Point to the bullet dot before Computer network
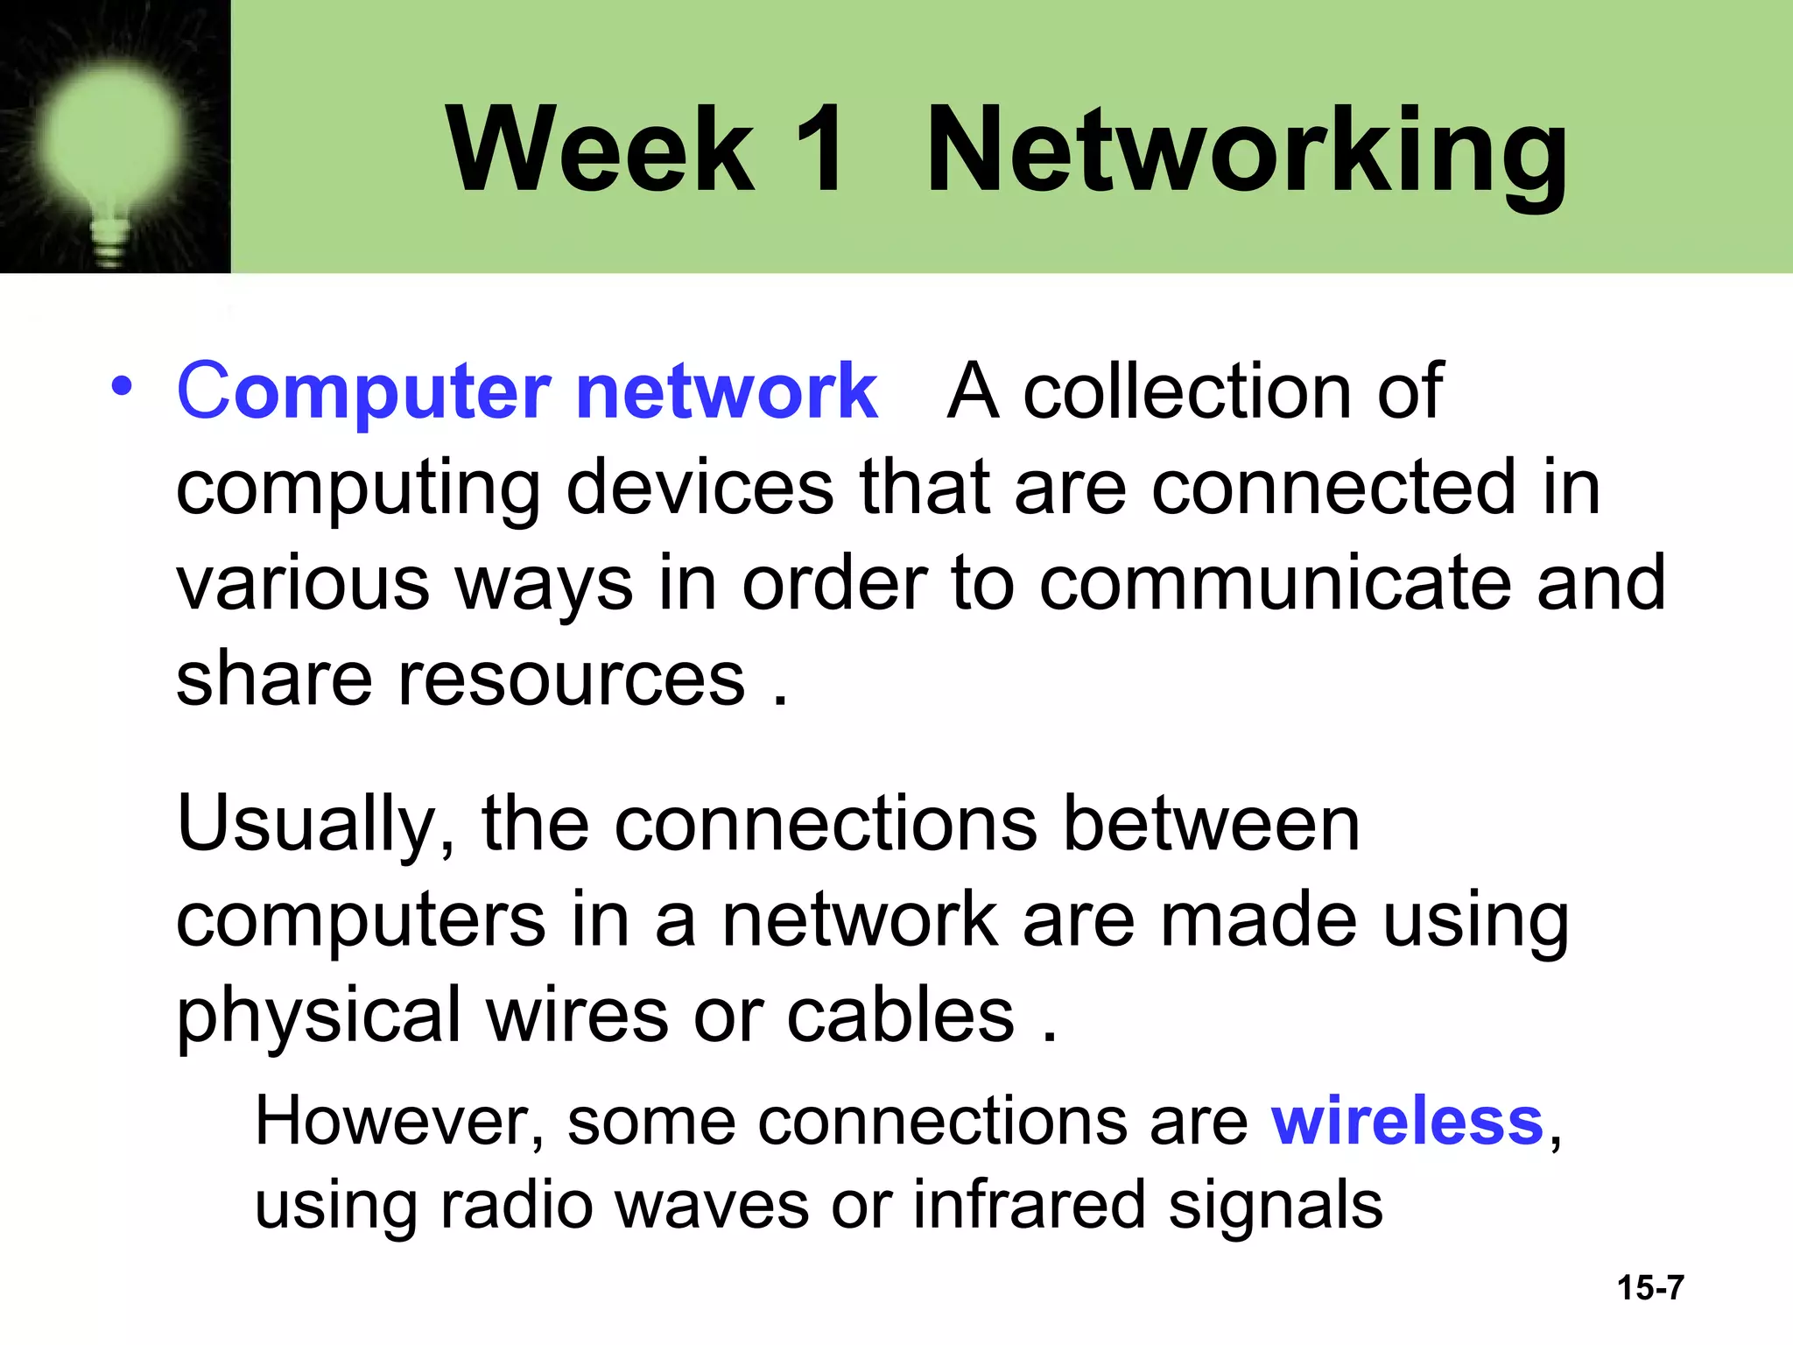click(x=122, y=386)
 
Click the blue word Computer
click(x=363, y=391)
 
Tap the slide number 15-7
click(x=1650, y=1288)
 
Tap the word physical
click(x=319, y=1018)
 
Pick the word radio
click(x=516, y=1205)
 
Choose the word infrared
click(x=1030, y=1205)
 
